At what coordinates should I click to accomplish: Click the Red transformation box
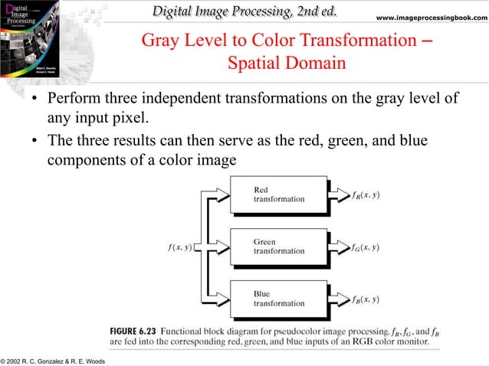click(x=279, y=194)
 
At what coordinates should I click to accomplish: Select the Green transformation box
click(x=279, y=246)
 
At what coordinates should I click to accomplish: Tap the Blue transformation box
click(x=279, y=298)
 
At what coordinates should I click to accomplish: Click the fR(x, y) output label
click(x=366, y=195)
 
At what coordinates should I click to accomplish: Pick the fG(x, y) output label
click(x=366, y=247)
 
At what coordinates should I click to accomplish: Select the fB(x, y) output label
click(x=366, y=299)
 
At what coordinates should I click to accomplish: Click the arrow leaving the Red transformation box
click(x=340, y=194)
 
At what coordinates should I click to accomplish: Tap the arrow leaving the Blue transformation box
click(x=340, y=299)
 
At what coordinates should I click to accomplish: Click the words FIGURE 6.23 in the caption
click(x=133, y=330)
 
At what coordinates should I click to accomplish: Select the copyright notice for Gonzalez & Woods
click(x=54, y=360)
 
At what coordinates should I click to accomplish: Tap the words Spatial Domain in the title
click(x=286, y=62)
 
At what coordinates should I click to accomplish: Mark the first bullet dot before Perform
click(x=34, y=100)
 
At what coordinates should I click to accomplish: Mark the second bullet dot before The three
click(x=34, y=143)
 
